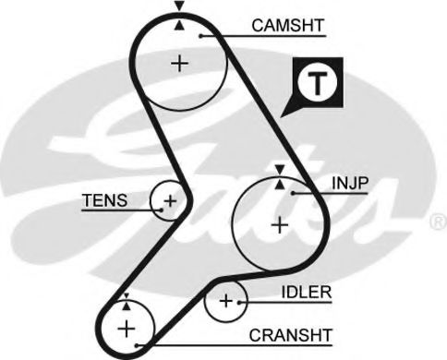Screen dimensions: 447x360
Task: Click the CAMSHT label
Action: (288, 25)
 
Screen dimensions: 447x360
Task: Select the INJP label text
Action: (350, 183)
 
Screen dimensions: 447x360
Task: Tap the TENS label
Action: (104, 200)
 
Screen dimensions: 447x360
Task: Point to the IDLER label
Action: (307, 292)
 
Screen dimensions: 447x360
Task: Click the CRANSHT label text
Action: (291, 335)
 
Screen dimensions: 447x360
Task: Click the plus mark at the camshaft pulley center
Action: (180, 64)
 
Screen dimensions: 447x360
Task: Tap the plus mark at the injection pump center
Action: (280, 225)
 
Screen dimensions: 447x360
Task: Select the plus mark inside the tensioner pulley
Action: (170, 201)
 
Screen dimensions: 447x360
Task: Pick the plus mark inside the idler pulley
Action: (226, 301)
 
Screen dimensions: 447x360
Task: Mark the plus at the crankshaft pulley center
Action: (127, 330)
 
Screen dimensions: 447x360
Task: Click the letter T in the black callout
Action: (318, 83)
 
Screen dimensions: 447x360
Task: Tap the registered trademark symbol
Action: (438, 222)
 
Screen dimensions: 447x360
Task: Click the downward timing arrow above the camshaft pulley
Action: (179, 6)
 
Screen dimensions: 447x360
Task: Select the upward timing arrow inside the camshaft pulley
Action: (179, 26)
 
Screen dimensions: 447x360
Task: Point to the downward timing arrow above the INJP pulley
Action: (280, 170)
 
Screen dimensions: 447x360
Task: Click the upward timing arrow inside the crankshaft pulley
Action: (127, 306)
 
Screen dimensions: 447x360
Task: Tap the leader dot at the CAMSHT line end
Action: (200, 36)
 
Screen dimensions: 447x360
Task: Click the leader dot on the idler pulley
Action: (239, 303)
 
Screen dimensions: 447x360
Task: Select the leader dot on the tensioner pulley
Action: (161, 210)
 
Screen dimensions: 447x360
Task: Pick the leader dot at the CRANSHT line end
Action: (138, 345)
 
